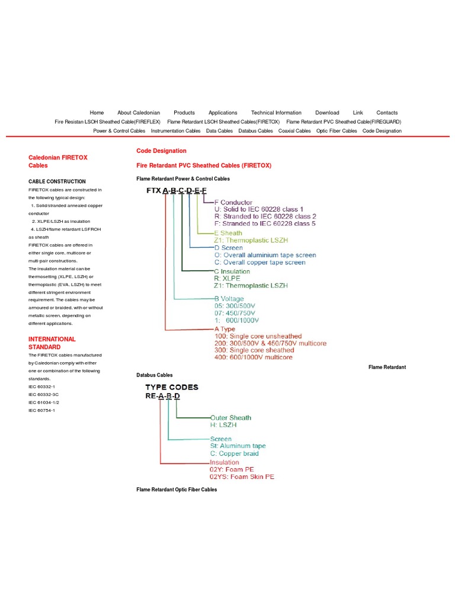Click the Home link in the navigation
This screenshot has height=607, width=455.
coord(97,113)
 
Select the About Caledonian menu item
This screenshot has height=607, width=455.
coord(139,113)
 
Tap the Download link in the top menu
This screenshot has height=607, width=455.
coord(327,113)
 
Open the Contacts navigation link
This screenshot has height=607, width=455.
coord(387,113)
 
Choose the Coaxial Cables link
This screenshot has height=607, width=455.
coord(294,131)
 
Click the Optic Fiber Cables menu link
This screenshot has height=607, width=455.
coord(337,131)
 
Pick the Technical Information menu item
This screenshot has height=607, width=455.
coord(276,113)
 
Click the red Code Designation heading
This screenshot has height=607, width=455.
coord(161,151)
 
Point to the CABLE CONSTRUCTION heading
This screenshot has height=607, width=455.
coord(57,181)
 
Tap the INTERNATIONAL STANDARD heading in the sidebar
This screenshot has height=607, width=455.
coord(52,343)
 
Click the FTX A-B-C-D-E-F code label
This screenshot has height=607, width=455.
coord(177,190)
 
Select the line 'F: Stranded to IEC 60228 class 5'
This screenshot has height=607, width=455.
coord(265,223)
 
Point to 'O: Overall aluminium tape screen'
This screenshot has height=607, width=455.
coord(265,255)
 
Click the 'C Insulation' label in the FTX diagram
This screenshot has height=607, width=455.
coord(232,271)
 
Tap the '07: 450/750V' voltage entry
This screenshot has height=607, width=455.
coord(235,312)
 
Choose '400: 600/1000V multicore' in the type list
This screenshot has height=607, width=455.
coord(253,357)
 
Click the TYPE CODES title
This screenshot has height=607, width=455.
coord(172,387)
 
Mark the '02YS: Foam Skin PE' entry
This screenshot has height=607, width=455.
coord(242,477)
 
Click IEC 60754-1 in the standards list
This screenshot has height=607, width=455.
coord(41,410)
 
